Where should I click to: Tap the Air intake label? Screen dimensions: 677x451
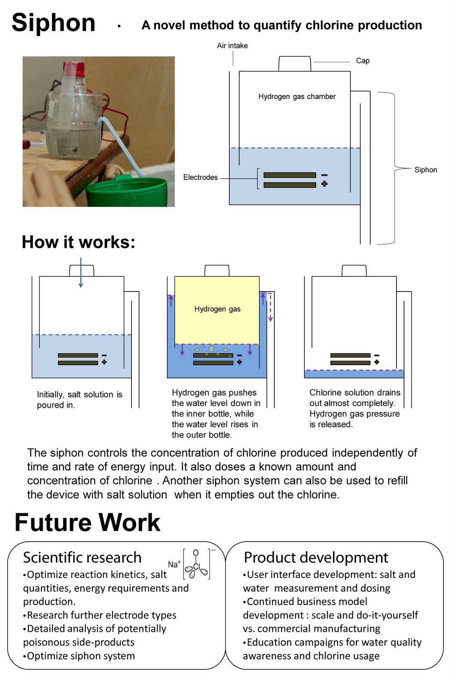[232, 46]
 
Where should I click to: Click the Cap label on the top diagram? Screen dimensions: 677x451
[363, 61]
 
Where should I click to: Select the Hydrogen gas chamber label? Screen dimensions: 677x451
[297, 96]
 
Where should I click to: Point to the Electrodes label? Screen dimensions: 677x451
[200, 177]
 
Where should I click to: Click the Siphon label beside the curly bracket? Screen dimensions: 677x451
[425, 170]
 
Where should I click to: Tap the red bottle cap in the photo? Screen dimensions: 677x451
[74, 68]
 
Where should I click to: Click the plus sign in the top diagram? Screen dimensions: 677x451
[324, 184]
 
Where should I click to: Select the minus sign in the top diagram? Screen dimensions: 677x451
[324, 175]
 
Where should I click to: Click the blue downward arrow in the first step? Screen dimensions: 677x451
[81, 273]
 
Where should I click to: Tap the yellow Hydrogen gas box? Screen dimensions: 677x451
[217, 309]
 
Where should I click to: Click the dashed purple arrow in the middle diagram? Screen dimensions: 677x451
[271, 307]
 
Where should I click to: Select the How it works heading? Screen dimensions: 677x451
[79, 242]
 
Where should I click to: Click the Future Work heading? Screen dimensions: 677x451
[87, 522]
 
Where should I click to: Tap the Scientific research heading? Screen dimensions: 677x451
[82, 558]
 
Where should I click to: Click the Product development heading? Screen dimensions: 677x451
[316, 558]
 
